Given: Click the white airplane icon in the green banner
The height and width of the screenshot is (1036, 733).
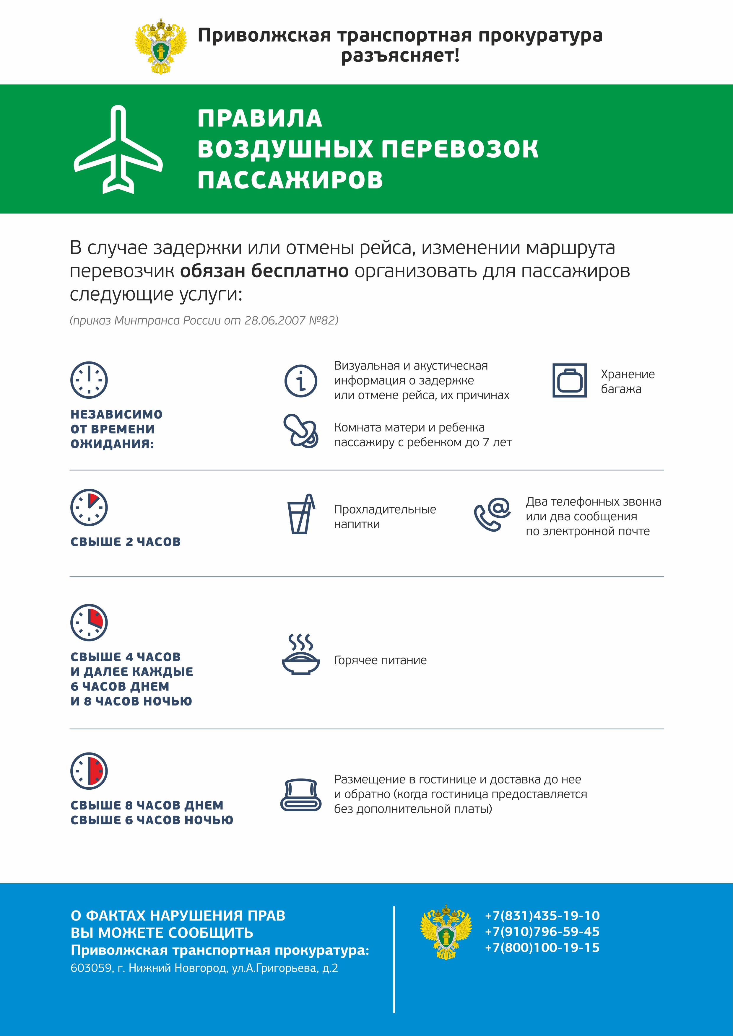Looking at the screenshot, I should coord(118,149).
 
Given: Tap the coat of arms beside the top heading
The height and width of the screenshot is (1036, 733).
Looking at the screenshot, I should coord(161,46).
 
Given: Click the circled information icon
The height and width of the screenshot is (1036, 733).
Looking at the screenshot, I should coord(300,381).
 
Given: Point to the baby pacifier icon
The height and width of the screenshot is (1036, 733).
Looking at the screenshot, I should coord(300,431).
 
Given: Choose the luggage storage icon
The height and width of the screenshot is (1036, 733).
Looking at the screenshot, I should coord(570,380).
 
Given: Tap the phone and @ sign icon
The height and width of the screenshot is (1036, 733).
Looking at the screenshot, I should coord(492,514).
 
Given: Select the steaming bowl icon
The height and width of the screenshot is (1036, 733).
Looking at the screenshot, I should coord(300,654).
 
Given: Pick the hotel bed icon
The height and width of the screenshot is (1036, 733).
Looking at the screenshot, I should coord(300,795).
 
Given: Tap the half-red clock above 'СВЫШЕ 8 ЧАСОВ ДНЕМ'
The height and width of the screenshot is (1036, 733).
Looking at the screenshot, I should coord(89,771).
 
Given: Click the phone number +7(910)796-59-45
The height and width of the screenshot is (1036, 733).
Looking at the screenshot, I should coord(542,931).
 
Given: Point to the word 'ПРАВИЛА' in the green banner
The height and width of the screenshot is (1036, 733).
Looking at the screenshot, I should coord(260,119).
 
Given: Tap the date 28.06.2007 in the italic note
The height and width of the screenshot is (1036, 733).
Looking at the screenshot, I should coord(274,320).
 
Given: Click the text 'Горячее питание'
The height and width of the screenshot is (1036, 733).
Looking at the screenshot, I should coord(380,660).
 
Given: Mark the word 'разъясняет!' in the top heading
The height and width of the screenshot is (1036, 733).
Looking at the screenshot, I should coord(400,56).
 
